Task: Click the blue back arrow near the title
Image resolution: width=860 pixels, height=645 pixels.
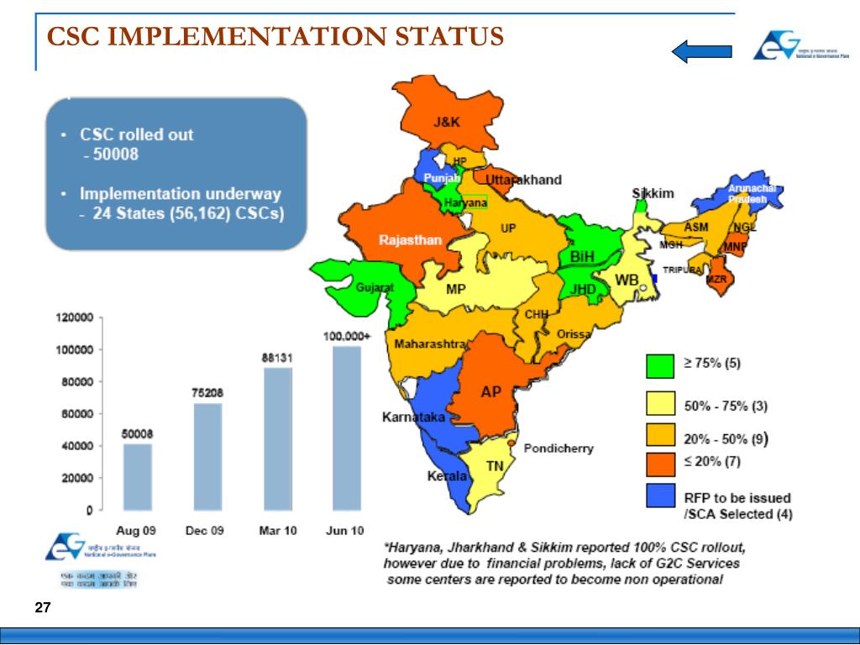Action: [701, 51]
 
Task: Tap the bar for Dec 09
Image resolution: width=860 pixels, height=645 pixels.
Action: [208, 456]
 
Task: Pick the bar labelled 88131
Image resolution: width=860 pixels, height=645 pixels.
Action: [278, 438]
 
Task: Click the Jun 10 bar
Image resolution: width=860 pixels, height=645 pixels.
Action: [346, 427]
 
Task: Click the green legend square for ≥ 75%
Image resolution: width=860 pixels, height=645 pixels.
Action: [661, 365]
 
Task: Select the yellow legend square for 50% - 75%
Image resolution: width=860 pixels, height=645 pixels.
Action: [661, 405]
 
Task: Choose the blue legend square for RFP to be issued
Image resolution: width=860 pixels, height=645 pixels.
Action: [661, 496]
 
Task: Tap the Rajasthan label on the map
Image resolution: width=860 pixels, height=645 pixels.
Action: [410, 239]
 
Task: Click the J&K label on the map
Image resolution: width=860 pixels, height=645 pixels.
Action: [447, 122]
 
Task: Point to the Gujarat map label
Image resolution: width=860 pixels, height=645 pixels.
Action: [375, 287]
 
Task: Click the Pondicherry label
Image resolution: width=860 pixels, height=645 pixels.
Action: [558, 448]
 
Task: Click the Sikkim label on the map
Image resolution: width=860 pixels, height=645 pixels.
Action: [653, 193]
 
